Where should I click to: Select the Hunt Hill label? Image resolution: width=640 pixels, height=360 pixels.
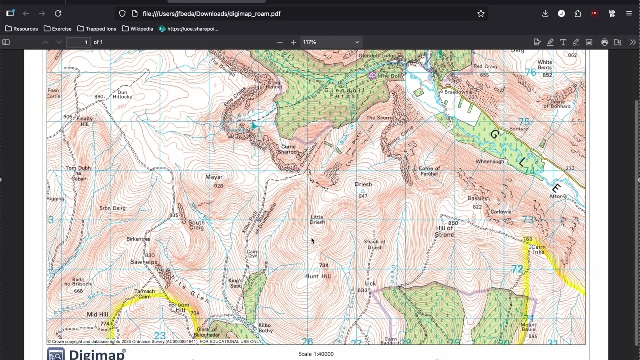[318, 276]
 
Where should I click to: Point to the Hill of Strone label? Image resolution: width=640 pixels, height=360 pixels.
[444, 231]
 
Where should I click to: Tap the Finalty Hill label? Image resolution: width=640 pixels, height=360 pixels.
[85, 121]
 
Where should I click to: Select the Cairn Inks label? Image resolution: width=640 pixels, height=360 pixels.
[538, 249]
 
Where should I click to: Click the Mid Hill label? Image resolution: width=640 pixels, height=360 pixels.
[98, 314]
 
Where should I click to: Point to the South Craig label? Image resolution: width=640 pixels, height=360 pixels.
[196, 225]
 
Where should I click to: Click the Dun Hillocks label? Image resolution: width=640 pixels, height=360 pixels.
[122, 94]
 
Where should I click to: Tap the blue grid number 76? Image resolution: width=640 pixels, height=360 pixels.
[530, 73]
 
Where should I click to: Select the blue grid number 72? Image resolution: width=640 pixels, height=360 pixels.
[517, 269]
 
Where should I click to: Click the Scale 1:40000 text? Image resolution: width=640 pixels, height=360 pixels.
[316, 354]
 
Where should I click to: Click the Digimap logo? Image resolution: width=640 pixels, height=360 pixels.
[87, 354]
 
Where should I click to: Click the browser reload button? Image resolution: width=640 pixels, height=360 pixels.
[58, 14]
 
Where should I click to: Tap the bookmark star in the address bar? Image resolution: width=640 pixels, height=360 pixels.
[481, 14]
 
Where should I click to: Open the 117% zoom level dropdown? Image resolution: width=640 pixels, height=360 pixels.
[331, 42]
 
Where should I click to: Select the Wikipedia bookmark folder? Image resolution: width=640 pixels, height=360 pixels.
[137, 29]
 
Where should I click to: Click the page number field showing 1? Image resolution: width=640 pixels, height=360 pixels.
[78, 42]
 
